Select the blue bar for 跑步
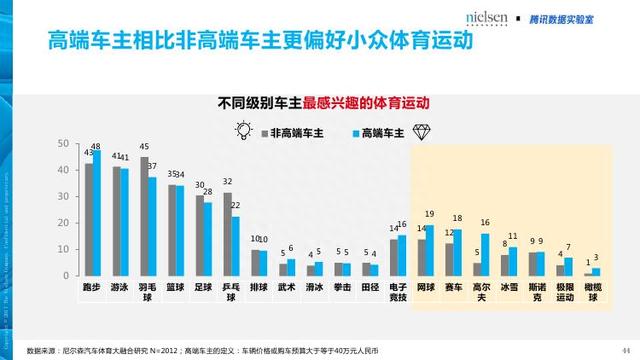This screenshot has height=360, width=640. pyautogui.click(x=97, y=214)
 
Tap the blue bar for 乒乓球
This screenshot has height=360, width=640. pyautogui.click(x=235, y=247)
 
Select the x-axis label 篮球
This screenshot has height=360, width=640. pyautogui.click(x=176, y=286)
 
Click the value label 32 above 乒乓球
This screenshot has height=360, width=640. pyautogui.click(x=228, y=182)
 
